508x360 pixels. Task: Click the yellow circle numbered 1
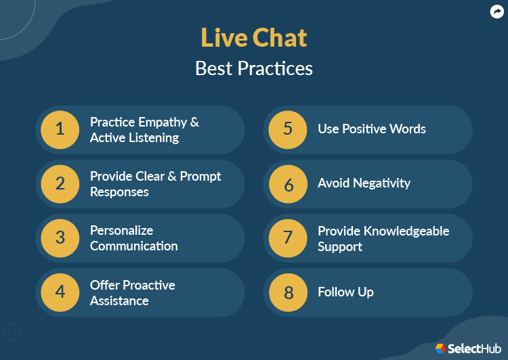(x=60, y=129)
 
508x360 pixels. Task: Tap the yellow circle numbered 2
(x=60, y=184)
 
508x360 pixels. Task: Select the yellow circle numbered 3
(x=60, y=238)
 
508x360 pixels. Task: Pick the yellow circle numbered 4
(x=60, y=292)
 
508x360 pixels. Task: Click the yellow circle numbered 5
(x=288, y=129)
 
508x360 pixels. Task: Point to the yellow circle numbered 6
(x=288, y=184)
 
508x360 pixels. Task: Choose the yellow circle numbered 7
(x=288, y=238)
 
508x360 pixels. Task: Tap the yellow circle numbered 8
(x=288, y=292)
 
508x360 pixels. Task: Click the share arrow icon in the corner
(x=496, y=12)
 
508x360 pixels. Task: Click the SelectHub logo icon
(x=440, y=348)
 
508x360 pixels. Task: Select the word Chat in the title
(x=280, y=38)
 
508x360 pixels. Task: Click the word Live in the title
(x=224, y=38)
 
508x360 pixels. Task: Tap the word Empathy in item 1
(x=162, y=122)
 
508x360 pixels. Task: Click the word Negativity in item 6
(x=383, y=183)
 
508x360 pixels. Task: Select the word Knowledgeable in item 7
(x=401, y=231)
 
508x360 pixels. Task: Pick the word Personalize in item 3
(x=122, y=231)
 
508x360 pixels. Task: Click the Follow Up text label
(x=345, y=292)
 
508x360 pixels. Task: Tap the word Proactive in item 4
(x=148, y=285)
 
